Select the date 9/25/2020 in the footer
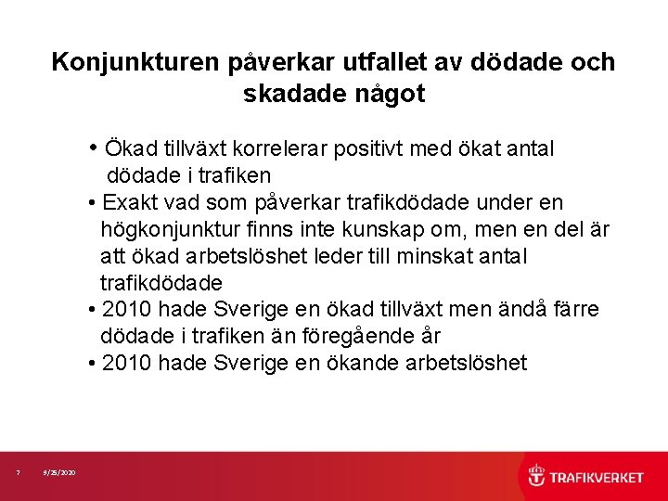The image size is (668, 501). coord(60,474)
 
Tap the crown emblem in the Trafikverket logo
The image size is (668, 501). coord(536,477)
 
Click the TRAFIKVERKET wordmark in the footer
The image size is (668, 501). coord(597,478)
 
